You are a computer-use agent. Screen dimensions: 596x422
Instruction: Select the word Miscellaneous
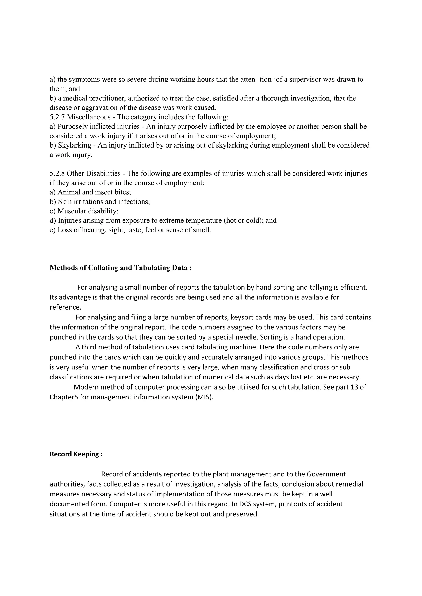click(89, 117)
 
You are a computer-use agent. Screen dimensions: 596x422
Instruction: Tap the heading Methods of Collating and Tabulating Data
click(121, 268)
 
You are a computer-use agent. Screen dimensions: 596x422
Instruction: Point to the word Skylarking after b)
click(75, 145)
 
